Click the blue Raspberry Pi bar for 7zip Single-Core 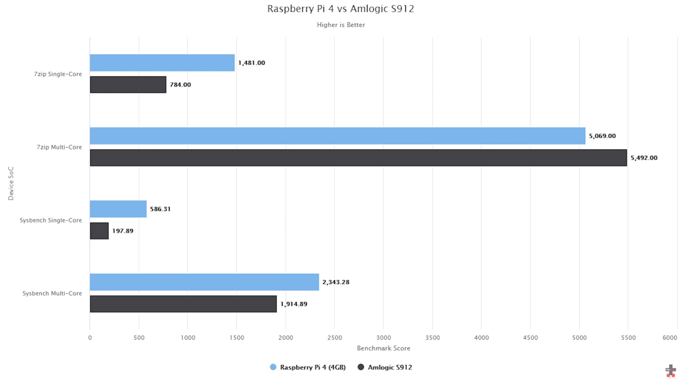point(162,63)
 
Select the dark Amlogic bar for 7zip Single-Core point(128,85)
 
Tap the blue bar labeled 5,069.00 point(337,136)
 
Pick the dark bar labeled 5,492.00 point(358,158)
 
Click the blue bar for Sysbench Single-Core point(118,209)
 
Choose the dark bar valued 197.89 point(99,231)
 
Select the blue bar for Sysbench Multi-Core point(204,282)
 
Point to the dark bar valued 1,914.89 point(183,304)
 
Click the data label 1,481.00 point(251,63)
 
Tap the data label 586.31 point(160,209)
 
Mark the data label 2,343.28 point(336,282)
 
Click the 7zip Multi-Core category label point(59,147)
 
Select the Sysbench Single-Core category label point(51,220)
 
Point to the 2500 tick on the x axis point(334,337)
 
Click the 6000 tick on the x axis point(670,337)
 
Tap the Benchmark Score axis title point(383,348)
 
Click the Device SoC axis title point(11,183)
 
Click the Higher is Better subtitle point(341,25)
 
